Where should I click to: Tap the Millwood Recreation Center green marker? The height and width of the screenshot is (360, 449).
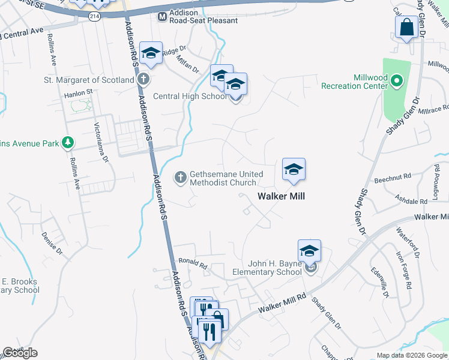coord(396,80)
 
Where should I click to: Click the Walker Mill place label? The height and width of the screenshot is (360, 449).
coord(282,196)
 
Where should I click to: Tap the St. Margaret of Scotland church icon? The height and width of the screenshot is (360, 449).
coord(143,79)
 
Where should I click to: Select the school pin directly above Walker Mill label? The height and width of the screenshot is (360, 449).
coord(294,170)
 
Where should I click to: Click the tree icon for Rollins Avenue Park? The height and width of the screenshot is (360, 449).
coord(69,143)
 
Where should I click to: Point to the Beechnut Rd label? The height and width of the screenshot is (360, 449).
coord(391,178)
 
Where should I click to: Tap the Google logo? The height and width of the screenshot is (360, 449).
coord(20,353)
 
